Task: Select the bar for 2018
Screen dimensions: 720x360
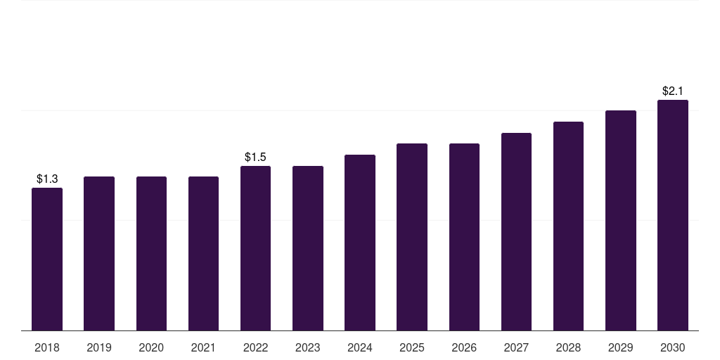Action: [x=47, y=259]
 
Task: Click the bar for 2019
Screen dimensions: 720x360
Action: [x=99, y=253]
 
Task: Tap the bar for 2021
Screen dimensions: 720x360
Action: [x=203, y=253]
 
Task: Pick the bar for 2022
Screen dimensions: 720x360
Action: [x=255, y=248]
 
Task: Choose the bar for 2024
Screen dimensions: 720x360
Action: [x=360, y=243]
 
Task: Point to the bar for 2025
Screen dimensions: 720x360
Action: [x=412, y=237]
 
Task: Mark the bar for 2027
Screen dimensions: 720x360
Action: [x=516, y=232]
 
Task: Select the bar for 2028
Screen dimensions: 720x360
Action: [x=568, y=226]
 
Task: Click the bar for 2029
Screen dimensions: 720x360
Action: [x=621, y=220]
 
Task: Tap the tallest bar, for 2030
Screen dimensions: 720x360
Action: [x=673, y=215]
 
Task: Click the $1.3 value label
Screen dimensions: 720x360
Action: [x=47, y=179]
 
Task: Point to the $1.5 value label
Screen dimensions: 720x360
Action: [x=255, y=157]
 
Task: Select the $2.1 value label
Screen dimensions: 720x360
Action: [x=673, y=91]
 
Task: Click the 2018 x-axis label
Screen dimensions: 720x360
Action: [x=47, y=347]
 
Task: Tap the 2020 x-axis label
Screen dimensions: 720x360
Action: [x=151, y=347]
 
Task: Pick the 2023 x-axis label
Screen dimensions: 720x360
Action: [x=308, y=347]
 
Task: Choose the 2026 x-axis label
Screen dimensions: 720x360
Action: [x=464, y=347]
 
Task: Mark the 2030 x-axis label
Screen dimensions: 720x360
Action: [x=673, y=347]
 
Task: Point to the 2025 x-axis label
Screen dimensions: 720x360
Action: [x=412, y=347]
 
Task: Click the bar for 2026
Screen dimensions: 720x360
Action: [x=464, y=237]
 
